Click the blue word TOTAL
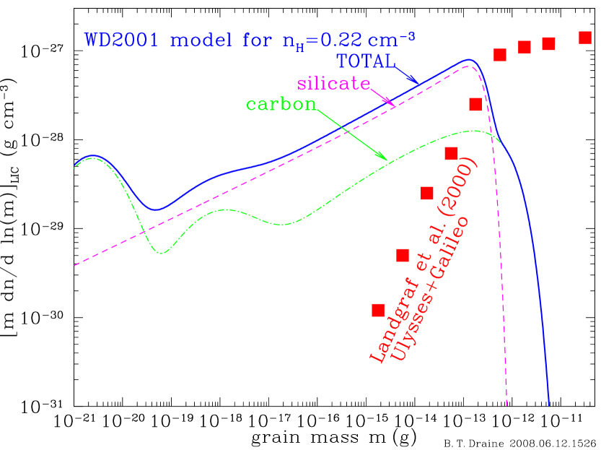365,61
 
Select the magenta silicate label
333,83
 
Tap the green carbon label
281,104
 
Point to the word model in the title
193,40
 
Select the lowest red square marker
378,310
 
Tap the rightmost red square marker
585,38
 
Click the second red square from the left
403,255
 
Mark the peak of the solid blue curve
469,60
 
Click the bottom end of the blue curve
549,405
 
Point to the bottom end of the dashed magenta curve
506,405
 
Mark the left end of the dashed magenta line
75,265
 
